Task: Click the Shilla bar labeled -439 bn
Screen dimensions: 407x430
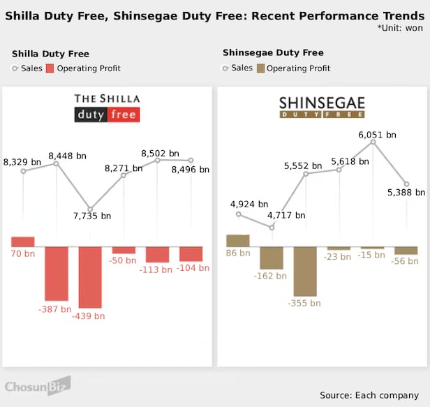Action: pyautogui.click(x=90, y=276)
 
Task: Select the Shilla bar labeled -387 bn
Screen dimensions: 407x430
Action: pyautogui.click(x=57, y=273)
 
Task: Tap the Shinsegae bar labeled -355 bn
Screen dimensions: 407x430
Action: pyautogui.click(x=305, y=271)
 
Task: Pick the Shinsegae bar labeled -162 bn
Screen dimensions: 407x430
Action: pyautogui.click(x=272, y=258)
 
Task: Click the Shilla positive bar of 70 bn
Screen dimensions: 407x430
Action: pyautogui.click(x=23, y=242)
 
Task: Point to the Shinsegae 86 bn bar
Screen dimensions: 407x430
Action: pyautogui.click(x=238, y=240)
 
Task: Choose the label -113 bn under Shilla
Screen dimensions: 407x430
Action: pyautogui.click(x=158, y=269)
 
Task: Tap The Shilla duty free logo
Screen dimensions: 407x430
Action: pyautogui.click(x=107, y=108)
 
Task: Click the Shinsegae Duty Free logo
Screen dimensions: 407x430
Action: pyautogui.click(x=322, y=107)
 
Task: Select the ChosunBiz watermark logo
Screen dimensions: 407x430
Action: pyautogui.click(x=38, y=387)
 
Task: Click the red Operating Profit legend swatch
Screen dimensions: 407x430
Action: pyautogui.click(x=50, y=68)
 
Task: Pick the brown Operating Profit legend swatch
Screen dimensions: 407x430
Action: pyautogui.click(x=260, y=68)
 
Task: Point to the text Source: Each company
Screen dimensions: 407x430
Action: pyautogui.click(x=370, y=395)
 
